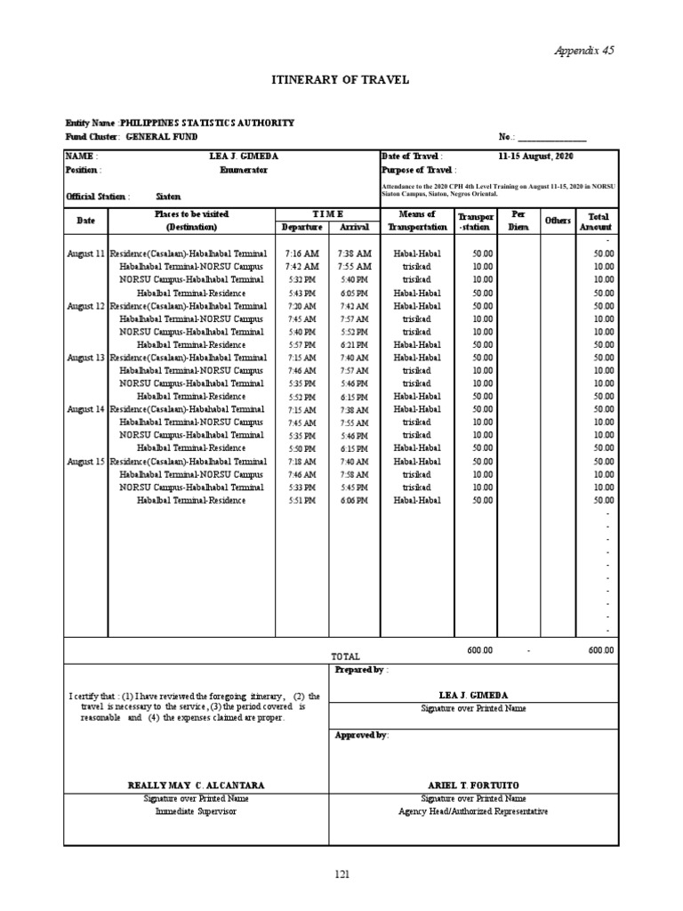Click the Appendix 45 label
point(584,51)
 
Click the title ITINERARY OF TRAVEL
point(340,80)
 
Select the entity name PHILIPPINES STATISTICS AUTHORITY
point(207,123)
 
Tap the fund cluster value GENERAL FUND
point(161,137)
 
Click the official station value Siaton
point(167,196)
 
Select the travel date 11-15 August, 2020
point(535,156)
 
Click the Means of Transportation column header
point(417,221)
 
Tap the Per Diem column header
point(517,221)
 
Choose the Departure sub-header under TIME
point(301,227)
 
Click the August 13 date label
point(85,357)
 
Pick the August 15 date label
point(85,462)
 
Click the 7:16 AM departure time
point(301,254)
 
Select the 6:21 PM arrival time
point(354,344)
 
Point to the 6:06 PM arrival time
point(354,501)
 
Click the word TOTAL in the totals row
point(345,656)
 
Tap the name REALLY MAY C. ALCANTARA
point(197,786)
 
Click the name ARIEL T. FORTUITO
point(473,786)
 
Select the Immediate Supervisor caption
point(197,811)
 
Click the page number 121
point(342,875)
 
